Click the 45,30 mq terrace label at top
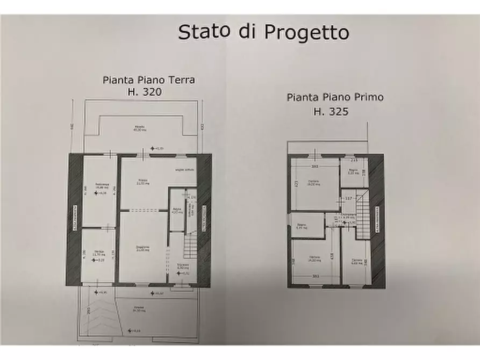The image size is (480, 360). coord(140,129)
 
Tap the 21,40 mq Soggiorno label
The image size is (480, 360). coord(142,248)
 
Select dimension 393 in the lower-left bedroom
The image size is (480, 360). coord(314,277)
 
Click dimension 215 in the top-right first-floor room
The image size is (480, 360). coord(354,160)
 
